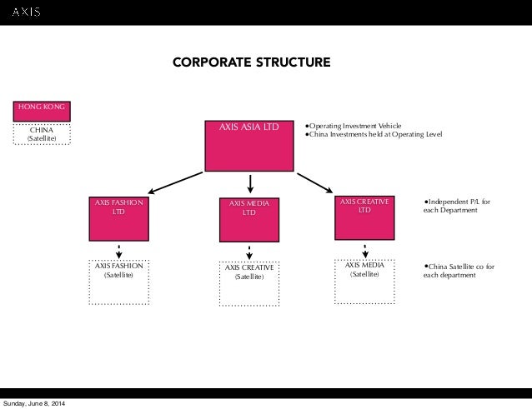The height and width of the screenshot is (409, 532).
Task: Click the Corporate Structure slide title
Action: (x=251, y=62)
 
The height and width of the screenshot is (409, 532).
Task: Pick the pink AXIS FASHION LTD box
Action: (x=120, y=217)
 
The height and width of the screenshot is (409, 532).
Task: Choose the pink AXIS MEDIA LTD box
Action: (x=249, y=218)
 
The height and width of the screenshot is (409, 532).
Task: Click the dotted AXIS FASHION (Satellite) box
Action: (x=119, y=282)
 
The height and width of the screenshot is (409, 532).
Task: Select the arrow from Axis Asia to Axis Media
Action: (x=249, y=183)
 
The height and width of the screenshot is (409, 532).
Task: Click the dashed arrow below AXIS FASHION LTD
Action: (x=120, y=250)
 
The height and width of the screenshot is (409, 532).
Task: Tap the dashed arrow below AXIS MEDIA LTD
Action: (x=249, y=252)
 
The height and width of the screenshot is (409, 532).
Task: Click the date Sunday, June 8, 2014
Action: (x=35, y=404)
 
